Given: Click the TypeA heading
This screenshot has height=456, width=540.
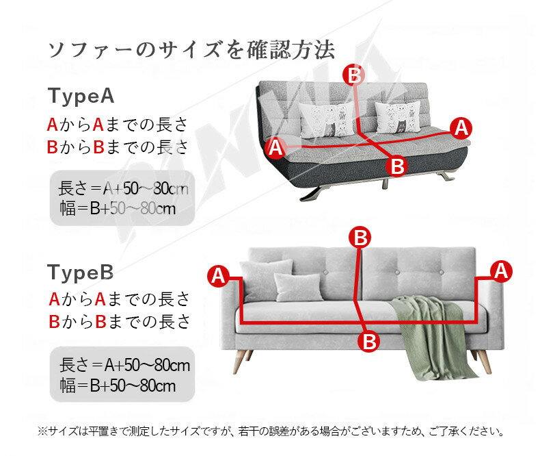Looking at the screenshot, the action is (81, 96).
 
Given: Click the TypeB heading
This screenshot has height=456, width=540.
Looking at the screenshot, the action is (80, 272).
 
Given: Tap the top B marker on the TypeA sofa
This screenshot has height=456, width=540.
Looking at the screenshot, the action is (354, 75).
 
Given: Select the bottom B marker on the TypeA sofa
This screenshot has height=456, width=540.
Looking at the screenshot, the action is (396, 166).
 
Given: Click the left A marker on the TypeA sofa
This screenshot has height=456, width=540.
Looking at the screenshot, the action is (276, 147).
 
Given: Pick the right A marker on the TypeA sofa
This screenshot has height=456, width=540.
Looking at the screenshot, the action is (461, 128).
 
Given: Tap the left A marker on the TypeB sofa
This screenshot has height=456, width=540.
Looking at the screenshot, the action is (218, 276).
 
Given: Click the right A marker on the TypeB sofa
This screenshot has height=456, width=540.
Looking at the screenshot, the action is (501, 271).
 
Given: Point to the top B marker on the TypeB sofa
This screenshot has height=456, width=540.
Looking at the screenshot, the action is (360, 238).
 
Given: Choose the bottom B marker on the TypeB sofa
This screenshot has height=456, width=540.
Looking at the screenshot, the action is (369, 341).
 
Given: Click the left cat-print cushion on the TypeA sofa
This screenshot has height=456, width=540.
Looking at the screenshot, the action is (326, 120).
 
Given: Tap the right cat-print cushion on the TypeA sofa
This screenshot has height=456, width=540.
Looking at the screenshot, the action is (397, 117).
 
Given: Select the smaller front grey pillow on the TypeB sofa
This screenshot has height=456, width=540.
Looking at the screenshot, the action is (298, 287).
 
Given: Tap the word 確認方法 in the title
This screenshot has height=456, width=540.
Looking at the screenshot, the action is (291, 50).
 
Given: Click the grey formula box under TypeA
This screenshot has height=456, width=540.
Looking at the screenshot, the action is (122, 198).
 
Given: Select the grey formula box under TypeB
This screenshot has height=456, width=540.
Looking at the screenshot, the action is (122, 375).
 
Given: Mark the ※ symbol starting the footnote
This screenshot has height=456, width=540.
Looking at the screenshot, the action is (42, 431).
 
